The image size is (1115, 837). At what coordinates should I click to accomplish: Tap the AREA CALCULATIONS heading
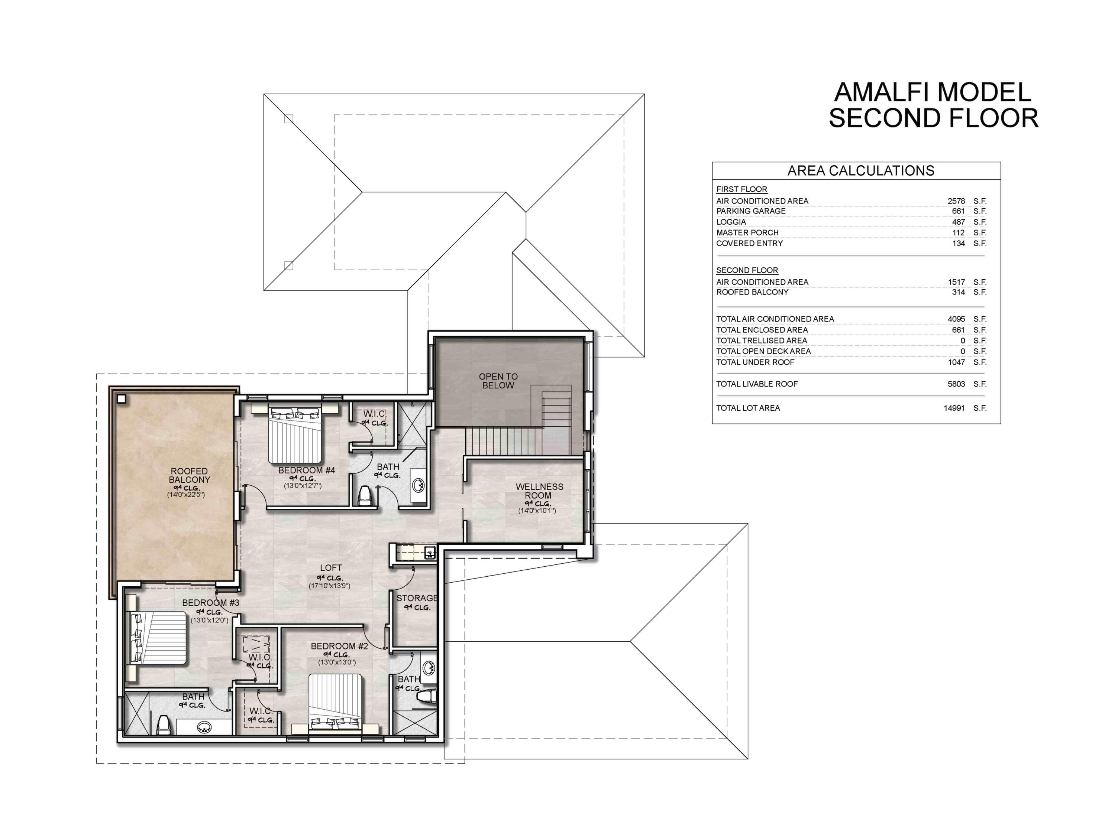pos(860,171)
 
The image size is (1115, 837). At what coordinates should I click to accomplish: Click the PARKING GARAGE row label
pos(750,211)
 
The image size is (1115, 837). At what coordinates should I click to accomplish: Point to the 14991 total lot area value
pos(954,408)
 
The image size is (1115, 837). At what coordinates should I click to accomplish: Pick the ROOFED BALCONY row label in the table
pos(752,292)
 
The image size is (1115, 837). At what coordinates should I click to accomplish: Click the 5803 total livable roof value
pos(956,384)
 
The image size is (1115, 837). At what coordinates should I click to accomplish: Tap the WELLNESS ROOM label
pos(539,491)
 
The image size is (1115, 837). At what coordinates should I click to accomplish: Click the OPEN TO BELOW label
pos(498,381)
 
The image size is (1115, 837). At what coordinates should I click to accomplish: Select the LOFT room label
pos(331,567)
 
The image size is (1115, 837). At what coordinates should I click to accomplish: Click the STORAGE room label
pos(416,598)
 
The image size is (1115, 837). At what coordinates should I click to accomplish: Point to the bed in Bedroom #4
pos(295,436)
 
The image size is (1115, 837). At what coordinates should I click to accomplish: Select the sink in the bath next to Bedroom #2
pos(429,668)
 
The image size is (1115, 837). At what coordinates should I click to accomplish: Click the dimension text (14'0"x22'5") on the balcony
pos(186,495)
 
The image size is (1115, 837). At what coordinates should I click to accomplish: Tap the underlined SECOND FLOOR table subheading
pos(747,270)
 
